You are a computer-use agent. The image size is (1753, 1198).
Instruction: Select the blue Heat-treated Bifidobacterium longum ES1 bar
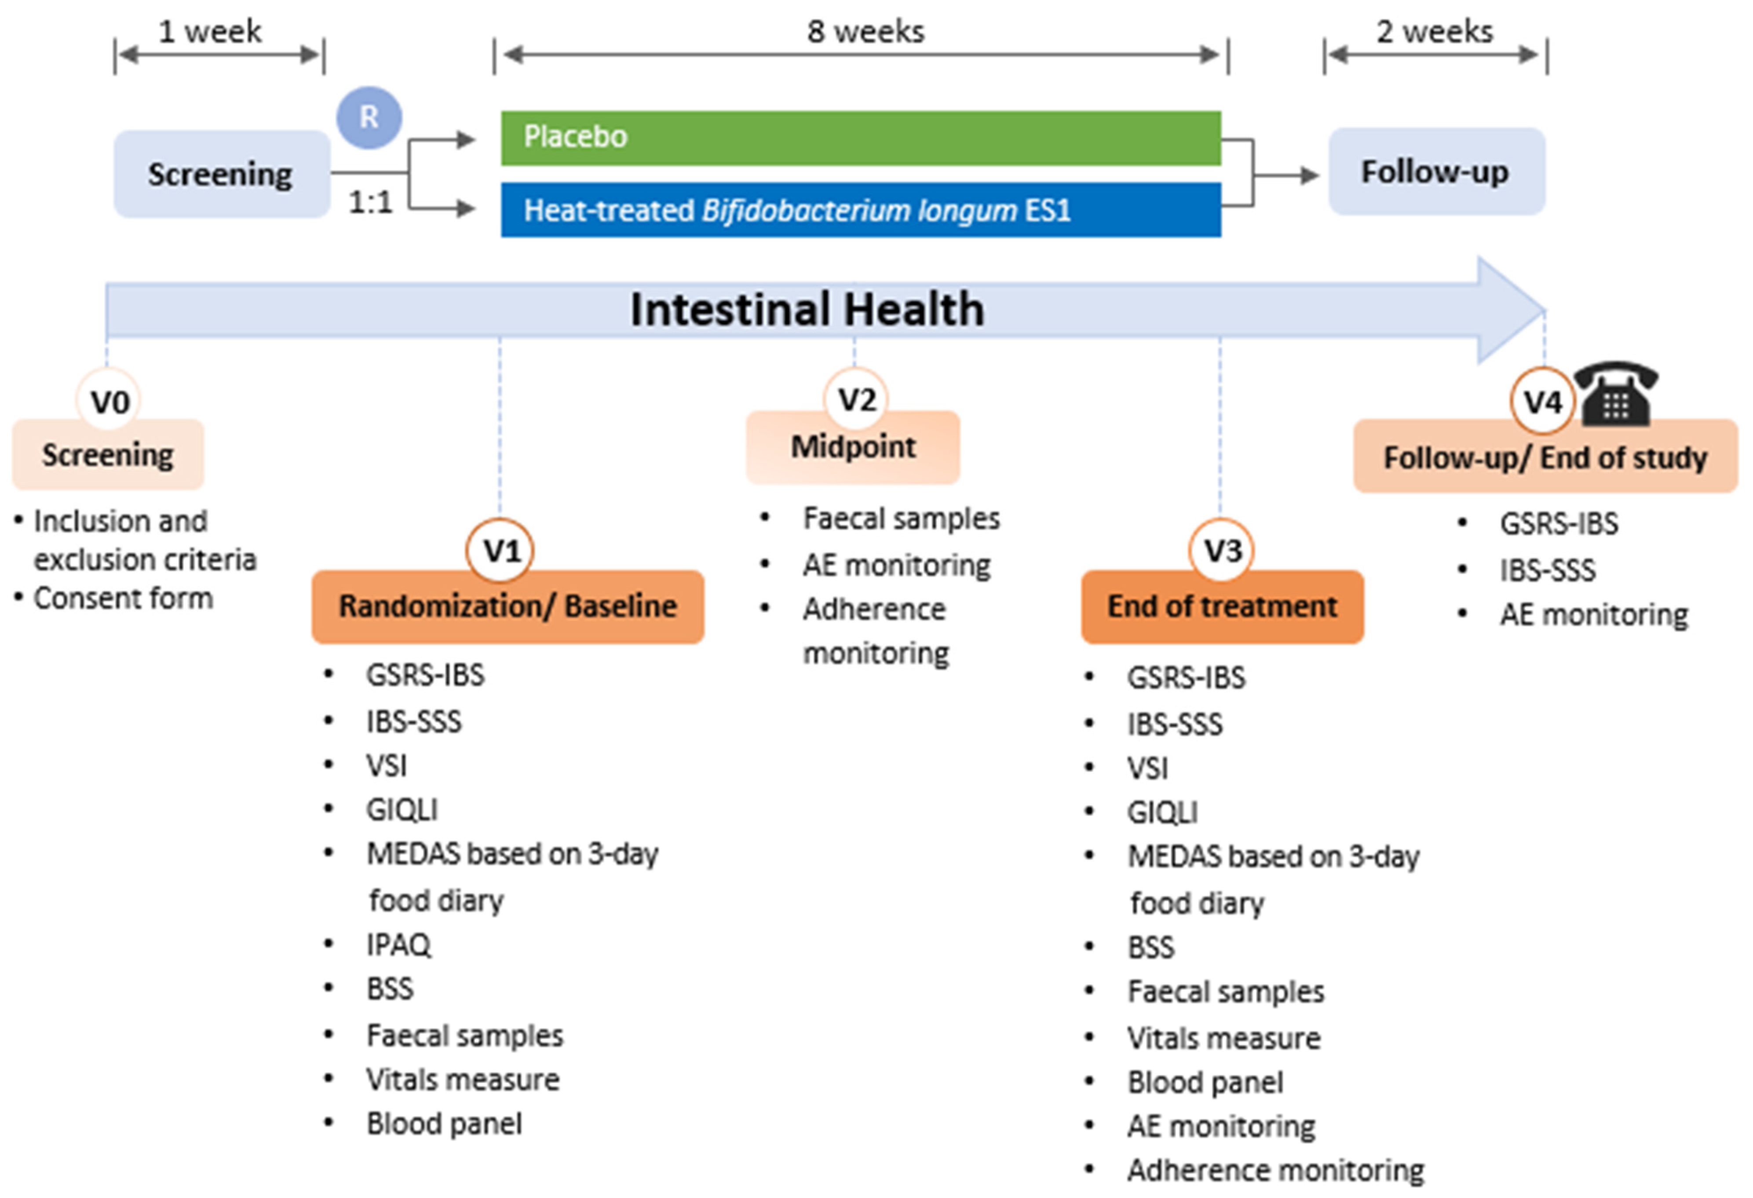click(860, 210)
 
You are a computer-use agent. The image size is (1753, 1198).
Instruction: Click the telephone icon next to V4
click(1616, 394)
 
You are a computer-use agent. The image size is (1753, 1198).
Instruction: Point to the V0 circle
click(110, 402)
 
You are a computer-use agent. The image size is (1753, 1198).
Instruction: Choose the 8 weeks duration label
click(865, 32)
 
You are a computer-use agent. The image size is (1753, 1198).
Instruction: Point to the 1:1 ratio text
click(370, 202)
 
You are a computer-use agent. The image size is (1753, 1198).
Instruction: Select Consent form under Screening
click(123, 598)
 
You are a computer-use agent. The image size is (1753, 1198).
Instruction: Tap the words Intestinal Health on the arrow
click(807, 309)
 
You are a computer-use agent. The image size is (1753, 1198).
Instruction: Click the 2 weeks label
click(1434, 32)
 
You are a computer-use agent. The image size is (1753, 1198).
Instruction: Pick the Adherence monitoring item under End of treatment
click(1275, 1170)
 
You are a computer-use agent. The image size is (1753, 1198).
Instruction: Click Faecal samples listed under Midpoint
click(901, 518)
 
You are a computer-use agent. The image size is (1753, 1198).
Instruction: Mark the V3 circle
click(1222, 551)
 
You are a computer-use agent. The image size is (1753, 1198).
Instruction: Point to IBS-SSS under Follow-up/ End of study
click(1547, 570)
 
